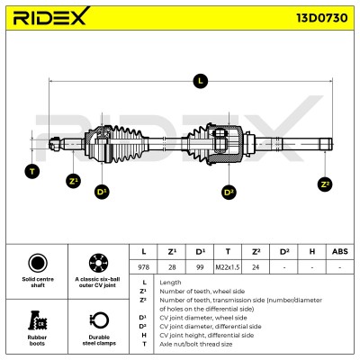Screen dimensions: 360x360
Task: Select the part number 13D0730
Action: pyautogui.click(x=322, y=18)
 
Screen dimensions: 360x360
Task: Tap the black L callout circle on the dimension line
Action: pyautogui.click(x=200, y=81)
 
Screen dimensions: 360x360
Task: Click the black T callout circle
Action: pyautogui.click(x=32, y=172)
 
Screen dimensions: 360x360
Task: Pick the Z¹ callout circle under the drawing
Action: pyautogui.click(x=73, y=181)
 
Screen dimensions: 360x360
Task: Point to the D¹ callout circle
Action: pyautogui.click(x=102, y=192)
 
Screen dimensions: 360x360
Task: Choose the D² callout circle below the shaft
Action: pyautogui.click(x=229, y=192)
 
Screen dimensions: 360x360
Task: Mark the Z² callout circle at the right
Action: pyautogui.click(x=325, y=184)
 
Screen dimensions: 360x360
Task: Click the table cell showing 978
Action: pyautogui.click(x=143, y=267)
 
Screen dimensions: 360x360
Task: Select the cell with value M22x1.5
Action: pyautogui.click(x=228, y=267)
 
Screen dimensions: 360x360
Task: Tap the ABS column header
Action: pyautogui.click(x=340, y=251)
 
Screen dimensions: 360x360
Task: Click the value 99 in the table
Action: pyautogui.click(x=200, y=267)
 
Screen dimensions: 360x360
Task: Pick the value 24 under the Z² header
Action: pyautogui.click(x=256, y=267)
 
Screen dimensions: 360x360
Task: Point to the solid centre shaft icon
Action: pyautogui.click(x=38, y=263)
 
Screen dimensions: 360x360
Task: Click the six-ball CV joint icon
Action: pyautogui.click(x=98, y=263)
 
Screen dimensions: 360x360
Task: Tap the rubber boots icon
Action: pyautogui.click(x=37, y=320)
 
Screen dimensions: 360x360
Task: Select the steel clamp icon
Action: pyautogui.click(x=99, y=320)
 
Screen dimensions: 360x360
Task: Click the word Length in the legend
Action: pyautogui.click(x=170, y=283)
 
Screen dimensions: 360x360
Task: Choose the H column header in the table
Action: pyautogui.click(x=312, y=251)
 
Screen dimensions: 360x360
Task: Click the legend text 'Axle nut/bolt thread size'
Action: pyautogui.click(x=196, y=344)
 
